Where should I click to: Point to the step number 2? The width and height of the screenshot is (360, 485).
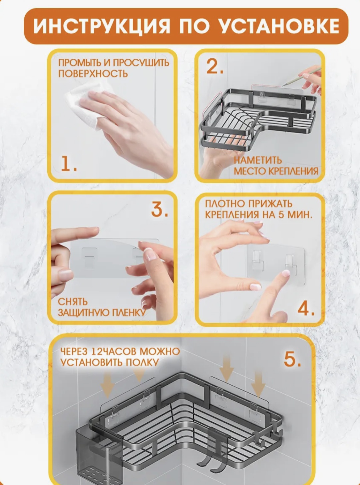[x=215, y=66]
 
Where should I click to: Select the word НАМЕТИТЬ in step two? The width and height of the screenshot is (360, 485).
[x=258, y=160]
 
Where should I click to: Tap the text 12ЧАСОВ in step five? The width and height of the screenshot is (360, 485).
[x=113, y=351]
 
